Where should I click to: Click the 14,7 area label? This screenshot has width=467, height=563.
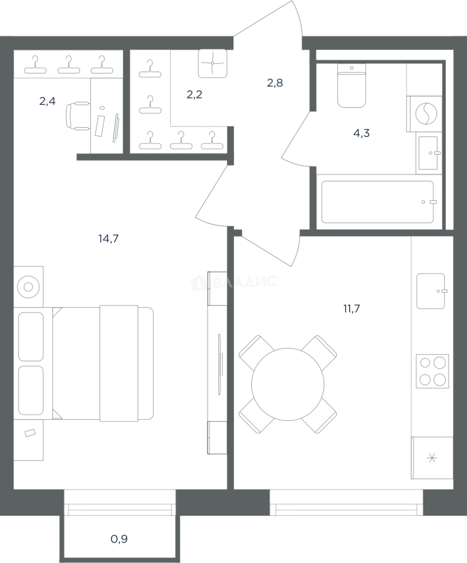[x=108, y=238]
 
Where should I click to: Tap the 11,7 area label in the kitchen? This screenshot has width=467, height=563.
[x=351, y=309]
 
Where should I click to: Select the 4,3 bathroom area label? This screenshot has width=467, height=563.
[x=362, y=133]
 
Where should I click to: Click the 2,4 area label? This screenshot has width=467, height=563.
[x=47, y=101]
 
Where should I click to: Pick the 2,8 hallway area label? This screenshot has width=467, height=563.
[x=275, y=83]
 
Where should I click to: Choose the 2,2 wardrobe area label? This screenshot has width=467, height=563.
[x=194, y=94]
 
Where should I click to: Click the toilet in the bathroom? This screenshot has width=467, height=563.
[x=352, y=85]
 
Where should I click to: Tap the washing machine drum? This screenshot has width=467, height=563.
[x=426, y=114]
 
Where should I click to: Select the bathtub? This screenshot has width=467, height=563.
[x=378, y=202]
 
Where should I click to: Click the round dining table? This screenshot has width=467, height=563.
[x=288, y=384]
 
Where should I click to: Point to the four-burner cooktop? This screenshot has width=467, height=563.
[x=432, y=371]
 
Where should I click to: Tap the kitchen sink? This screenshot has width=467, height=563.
[x=431, y=291]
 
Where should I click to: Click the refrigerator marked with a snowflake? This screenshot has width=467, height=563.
[x=432, y=458]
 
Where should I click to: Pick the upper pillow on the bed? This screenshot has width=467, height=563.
[x=31, y=336]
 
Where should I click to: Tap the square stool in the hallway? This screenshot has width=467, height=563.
[x=213, y=63]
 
